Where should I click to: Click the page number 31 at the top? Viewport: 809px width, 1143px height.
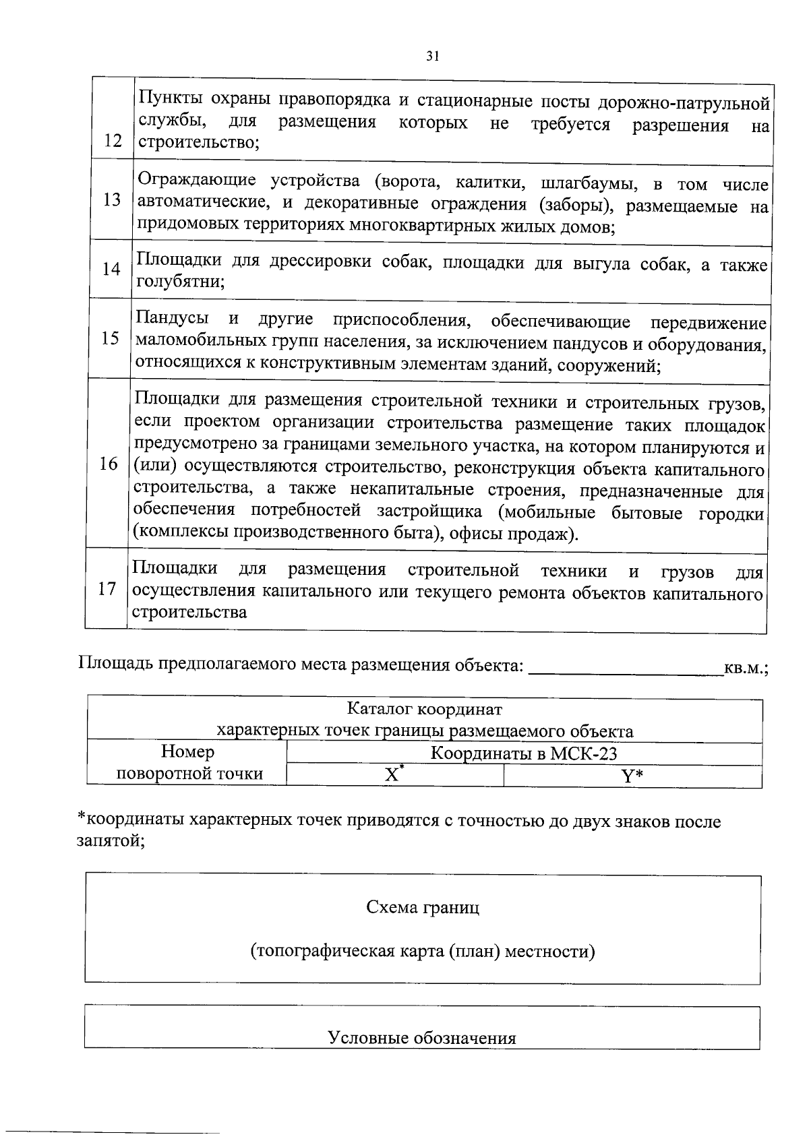click(433, 57)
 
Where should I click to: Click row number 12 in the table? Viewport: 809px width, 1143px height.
click(113, 141)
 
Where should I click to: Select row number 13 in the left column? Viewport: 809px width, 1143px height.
click(113, 199)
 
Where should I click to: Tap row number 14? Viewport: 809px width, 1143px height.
click(111, 269)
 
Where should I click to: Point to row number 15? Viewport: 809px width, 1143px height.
click(110, 338)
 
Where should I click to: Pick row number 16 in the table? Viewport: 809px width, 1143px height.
click(109, 464)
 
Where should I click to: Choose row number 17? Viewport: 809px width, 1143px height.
click(107, 588)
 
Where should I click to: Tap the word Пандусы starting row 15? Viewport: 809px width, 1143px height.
click(171, 317)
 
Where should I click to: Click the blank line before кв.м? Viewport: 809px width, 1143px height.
click(626, 668)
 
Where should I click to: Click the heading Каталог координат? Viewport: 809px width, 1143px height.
click(424, 709)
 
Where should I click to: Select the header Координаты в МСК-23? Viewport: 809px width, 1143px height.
click(524, 753)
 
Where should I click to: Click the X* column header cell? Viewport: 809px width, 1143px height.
click(394, 775)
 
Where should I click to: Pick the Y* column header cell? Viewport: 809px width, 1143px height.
click(632, 776)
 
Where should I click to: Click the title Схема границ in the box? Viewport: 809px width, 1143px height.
click(423, 907)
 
